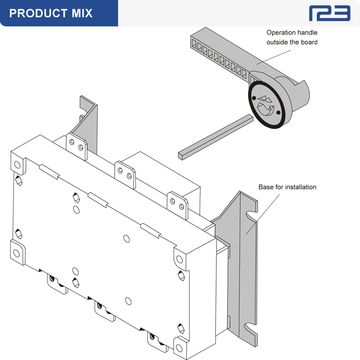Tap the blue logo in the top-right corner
pos(329,13)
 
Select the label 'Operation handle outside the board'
pos(292,37)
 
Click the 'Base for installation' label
pos(287,187)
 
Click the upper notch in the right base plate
pos(250,215)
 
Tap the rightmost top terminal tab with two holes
pos(178,204)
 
